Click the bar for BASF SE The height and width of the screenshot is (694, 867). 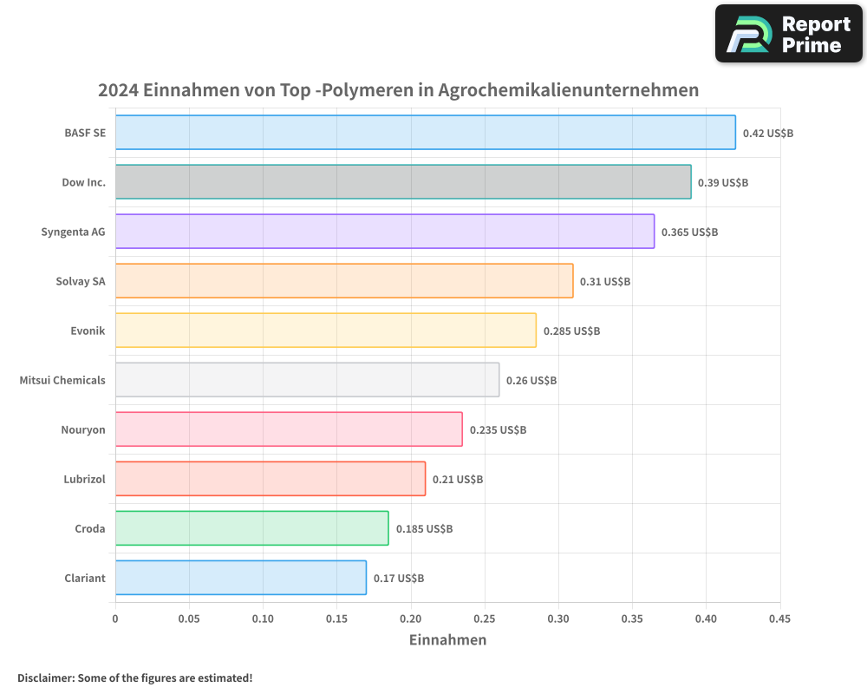[x=425, y=133]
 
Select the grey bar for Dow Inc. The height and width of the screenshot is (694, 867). [x=403, y=182]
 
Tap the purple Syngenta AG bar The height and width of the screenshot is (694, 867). [x=385, y=232]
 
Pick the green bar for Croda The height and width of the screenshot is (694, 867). [x=251, y=528]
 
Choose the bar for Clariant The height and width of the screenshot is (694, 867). [x=240, y=578]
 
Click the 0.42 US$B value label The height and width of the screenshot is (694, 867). [x=768, y=134]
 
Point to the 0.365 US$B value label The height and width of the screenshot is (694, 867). [x=690, y=232]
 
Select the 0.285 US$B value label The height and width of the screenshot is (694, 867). [x=572, y=331]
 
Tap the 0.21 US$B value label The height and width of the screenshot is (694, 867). [x=458, y=480]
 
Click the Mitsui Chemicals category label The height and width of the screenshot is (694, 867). [x=62, y=380]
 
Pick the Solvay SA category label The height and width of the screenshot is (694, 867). [x=81, y=281]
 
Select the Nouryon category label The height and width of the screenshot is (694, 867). [x=83, y=429]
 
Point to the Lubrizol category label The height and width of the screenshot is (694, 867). [x=84, y=479]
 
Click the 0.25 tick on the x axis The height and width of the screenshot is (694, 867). [x=485, y=619]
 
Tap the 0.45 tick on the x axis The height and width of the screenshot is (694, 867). [x=779, y=619]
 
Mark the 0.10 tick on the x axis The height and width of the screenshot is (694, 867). [x=263, y=619]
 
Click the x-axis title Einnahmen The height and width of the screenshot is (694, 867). [x=447, y=640]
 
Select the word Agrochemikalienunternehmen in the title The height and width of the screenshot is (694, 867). [x=569, y=90]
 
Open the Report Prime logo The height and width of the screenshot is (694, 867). [x=789, y=34]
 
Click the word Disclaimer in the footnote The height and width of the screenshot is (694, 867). [x=45, y=678]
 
